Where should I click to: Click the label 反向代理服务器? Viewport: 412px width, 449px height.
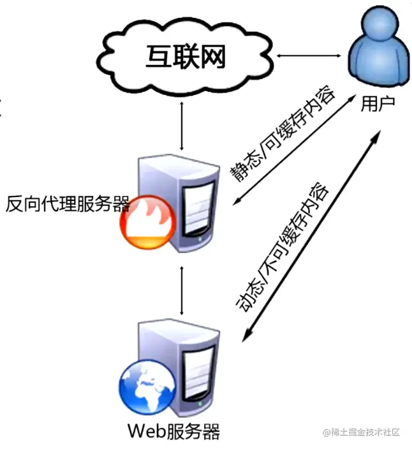(x=68, y=204)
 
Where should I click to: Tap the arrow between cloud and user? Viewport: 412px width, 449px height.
(x=303, y=57)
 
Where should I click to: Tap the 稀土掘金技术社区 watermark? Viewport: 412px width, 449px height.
(x=361, y=432)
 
